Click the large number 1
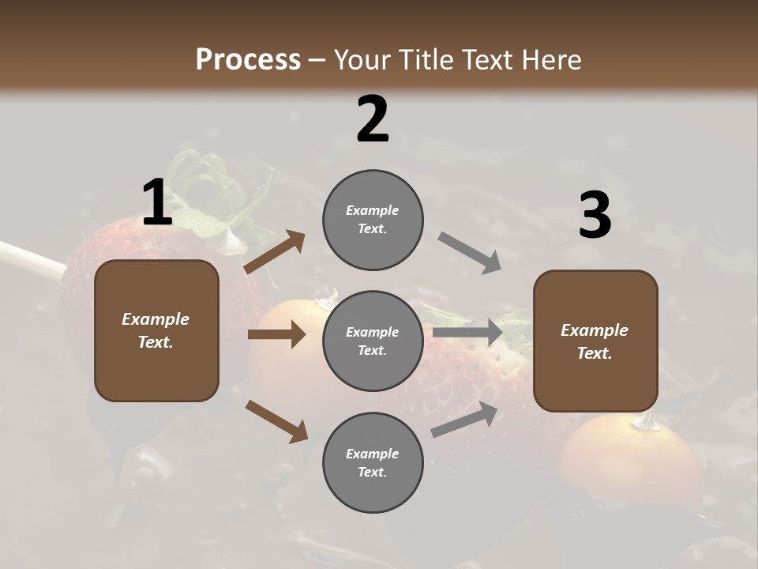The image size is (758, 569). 157,203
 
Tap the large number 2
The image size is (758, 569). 373,119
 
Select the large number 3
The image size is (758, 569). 595,216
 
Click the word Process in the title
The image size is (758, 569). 248,59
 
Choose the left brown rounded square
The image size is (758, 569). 156,330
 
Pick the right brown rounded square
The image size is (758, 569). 595,341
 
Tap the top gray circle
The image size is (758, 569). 373,220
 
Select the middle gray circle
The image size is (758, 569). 373,341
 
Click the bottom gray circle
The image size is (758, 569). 373,463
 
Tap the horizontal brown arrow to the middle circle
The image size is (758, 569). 276,334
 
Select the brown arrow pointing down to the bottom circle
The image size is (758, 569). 276,420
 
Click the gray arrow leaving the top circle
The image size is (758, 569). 469,253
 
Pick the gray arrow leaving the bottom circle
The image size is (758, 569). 464,419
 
